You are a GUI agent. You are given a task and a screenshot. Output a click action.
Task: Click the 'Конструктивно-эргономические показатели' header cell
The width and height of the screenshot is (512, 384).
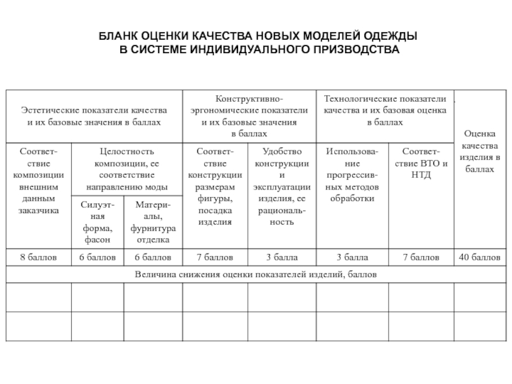pyautogui.click(x=250, y=116)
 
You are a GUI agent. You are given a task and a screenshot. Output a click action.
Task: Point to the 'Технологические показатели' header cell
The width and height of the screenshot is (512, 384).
pyautogui.click(x=385, y=110)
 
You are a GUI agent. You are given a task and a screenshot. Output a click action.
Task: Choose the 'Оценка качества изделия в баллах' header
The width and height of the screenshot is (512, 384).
pyautogui.click(x=480, y=151)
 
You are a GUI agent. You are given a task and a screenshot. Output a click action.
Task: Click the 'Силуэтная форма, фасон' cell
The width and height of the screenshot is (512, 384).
pyautogui.click(x=97, y=221)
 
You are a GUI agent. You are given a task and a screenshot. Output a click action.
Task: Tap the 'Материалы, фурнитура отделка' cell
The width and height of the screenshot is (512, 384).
pyautogui.click(x=152, y=221)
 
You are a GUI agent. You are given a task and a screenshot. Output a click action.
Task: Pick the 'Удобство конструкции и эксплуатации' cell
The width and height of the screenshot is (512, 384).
pyautogui.click(x=282, y=186)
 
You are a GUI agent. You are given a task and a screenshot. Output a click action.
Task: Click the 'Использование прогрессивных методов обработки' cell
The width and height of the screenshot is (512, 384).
pyautogui.click(x=353, y=175)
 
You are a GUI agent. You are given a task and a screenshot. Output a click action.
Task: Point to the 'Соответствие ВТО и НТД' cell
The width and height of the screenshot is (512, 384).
pyautogui.click(x=420, y=163)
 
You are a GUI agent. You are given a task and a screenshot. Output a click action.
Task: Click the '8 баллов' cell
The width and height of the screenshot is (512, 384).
pyautogui.click(x=38, y=257)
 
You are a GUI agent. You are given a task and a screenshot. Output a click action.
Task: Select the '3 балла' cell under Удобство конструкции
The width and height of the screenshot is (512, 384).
pyautogui.click(x=282, y=257)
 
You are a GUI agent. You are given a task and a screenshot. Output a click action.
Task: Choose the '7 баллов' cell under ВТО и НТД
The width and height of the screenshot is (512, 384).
pyautogui.click(x=420, y=257)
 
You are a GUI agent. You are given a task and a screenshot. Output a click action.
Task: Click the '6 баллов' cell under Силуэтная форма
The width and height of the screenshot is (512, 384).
pyautogui.click(x=97, y=257)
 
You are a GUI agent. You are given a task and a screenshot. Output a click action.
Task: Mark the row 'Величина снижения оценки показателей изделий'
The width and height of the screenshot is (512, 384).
pyautogui.click(x=255, y=274)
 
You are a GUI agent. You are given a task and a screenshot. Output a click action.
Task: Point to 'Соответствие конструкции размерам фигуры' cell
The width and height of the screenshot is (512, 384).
pyautogui.click(x=214, y=186)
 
